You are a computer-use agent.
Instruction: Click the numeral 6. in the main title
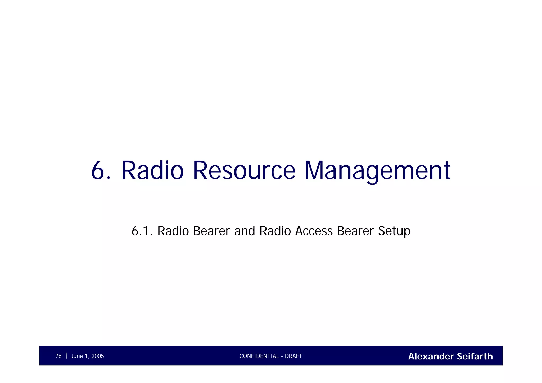101,171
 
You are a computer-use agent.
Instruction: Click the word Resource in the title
244,171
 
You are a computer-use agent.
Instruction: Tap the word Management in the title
377,171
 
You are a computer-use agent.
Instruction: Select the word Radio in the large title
152,171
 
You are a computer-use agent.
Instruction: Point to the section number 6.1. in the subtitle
142,231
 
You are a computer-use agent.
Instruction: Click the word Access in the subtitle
314,231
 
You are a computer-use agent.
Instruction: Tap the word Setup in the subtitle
394,231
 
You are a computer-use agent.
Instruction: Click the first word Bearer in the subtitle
211,231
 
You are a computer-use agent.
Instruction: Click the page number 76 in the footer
58,356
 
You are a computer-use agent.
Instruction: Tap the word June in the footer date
77,356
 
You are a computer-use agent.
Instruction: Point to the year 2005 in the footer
98,356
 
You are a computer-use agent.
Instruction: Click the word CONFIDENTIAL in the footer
259,356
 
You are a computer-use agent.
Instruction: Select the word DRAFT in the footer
293,356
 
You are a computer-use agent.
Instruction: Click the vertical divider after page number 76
66,356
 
